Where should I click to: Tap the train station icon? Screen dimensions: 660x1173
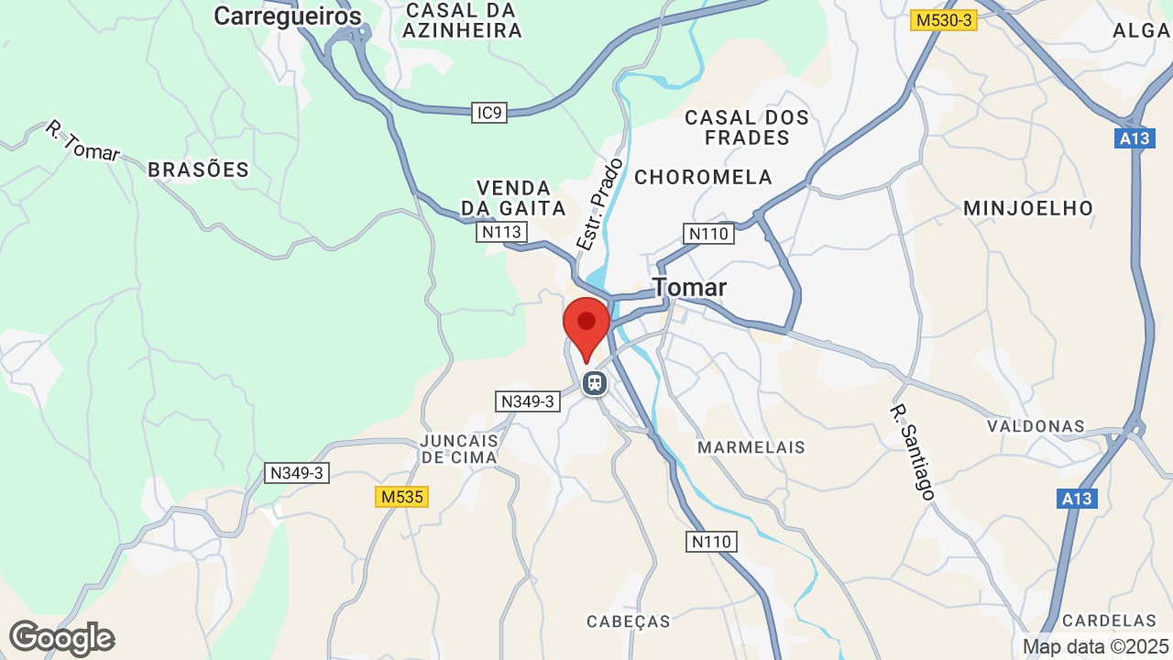[x=595, y=382]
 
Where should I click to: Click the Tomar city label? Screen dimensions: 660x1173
[x=690, y=288]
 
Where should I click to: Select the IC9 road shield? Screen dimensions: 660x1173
[x=490, y=113]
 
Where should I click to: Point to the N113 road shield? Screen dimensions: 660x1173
[x=501, y=232]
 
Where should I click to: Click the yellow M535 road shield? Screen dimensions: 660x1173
[x=401, y=497]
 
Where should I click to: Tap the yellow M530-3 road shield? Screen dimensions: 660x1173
[x=944, y=19]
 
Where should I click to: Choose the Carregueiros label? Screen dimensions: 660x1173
[x=288, y=16]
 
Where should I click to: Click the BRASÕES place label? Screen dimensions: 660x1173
[x=199, y=170]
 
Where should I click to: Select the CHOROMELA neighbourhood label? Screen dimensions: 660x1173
[x=704, y=177]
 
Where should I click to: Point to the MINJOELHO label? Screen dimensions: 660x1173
[x=1028, y=208]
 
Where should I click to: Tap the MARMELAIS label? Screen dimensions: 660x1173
[x=751, y=447]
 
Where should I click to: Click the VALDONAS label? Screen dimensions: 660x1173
[x=1036, y=426]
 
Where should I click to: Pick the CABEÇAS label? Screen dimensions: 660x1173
[x=629, y=621]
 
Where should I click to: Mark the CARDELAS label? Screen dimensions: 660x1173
[x=1110, y=621]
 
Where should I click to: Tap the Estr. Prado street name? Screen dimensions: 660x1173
[x=600, y=204]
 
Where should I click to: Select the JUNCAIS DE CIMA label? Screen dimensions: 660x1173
[x=459, y=448]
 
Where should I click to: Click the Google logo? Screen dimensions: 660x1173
[x=61, y=638]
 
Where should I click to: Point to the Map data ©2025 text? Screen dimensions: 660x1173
[x=1095, y=646]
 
